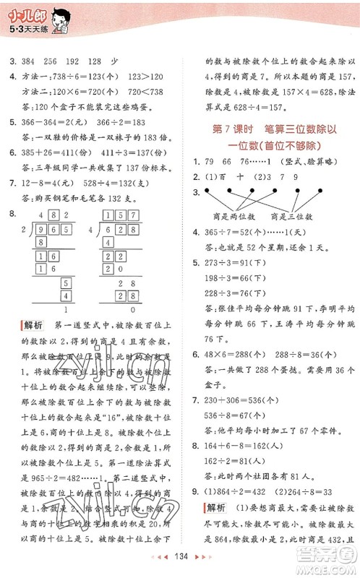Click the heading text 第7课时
point(221,128)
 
